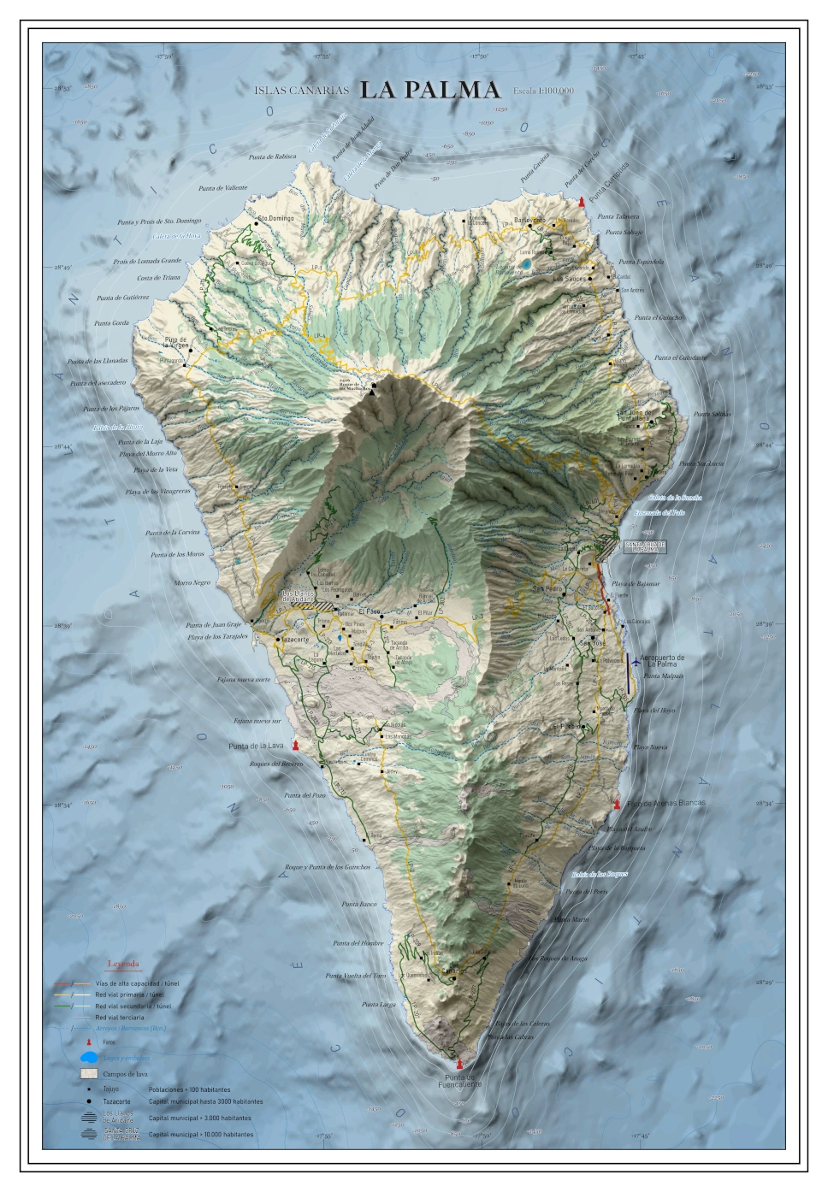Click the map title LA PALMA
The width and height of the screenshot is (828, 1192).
click(x=429, y=90)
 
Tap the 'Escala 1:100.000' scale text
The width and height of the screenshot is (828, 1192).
click(x=543, y=91)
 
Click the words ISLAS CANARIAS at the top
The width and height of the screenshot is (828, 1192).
click(x=302, y=91)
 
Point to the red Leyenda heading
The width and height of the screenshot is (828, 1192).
click(x=123, y=965)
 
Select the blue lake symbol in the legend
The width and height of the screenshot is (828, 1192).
click(x=90, y=1059)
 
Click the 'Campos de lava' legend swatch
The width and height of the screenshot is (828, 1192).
click(x=89, y=1073)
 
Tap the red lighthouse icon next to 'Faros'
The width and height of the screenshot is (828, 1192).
click(x=88, y=1042)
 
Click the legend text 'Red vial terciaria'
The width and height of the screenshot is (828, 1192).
click(x=120, y=1018)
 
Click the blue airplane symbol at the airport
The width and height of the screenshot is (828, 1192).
click(x=635, y=659)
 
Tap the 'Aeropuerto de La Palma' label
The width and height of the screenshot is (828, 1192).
click(x=662, y=661)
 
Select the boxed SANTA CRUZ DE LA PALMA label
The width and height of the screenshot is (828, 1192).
click(x=644, y=546)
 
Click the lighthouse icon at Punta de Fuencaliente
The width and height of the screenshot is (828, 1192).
click(x=459, y=1064)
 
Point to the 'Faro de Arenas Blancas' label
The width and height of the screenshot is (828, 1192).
click(x=666, y=804)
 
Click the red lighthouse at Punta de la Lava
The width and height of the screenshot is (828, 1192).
click(x=296, y=746)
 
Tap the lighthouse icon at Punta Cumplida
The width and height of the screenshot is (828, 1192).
click(x=582, y=202)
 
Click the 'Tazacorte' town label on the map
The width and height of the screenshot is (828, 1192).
click(x=294, y=639)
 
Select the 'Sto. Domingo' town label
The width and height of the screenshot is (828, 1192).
click(x=276, y=218)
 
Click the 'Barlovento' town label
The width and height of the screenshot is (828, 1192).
click(x=529, y=220)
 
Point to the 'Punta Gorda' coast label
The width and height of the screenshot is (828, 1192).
click(x=111, y=323)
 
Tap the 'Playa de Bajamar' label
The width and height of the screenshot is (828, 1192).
click(x=636, y=584)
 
